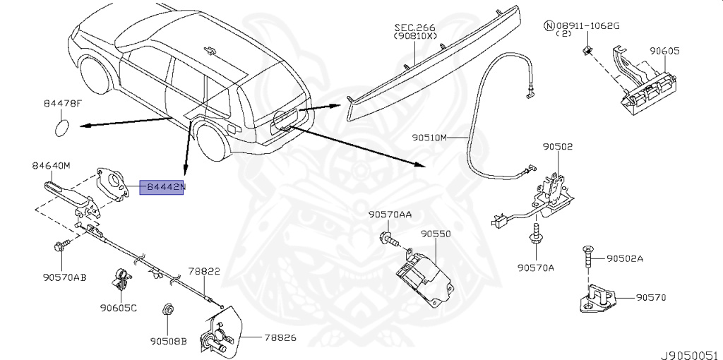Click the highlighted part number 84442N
click(x=162, y=186)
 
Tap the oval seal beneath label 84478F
click(x=62, y=128)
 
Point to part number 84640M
click(x=51, y=165)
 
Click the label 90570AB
click(x=64, y=277)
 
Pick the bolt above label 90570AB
click(x=62, y=245)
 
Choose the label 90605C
click(x=119, y=308)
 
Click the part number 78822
click(x=204, y=272)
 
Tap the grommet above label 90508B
click(x=167, y=309)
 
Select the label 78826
click(x=280, y=338)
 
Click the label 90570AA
click(x=390, y=215)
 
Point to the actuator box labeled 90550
click(x=424, y=275)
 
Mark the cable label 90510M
click(x=430, y=138)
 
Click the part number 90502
click(x=558, y=147)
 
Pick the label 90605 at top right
click(x=664, y=51)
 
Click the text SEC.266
click(x=415, y=28)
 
